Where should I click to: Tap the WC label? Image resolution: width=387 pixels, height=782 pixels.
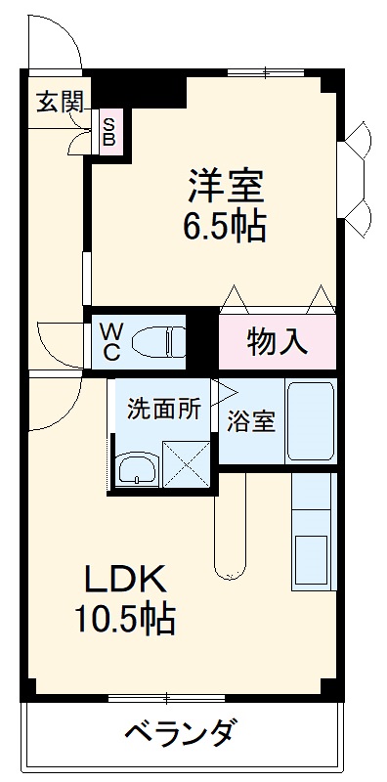click(x=109, y=340)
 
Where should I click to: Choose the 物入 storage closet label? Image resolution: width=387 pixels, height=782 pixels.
click(x=277, y=341)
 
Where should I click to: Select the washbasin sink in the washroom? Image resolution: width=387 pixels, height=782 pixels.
click(x=136, y=468)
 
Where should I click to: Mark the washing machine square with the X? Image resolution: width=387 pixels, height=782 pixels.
click(x=186, y=463)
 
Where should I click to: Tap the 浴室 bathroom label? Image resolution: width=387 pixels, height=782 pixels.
click(x=251, y=421)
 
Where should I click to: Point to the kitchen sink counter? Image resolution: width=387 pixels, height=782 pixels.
click(x=313, y=533)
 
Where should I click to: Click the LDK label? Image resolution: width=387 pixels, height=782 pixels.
click(x=124, y=580)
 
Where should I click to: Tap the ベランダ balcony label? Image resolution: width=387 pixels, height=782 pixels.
click(x=181, y=731)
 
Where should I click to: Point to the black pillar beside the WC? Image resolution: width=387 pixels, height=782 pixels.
click(x=202, y=338)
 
